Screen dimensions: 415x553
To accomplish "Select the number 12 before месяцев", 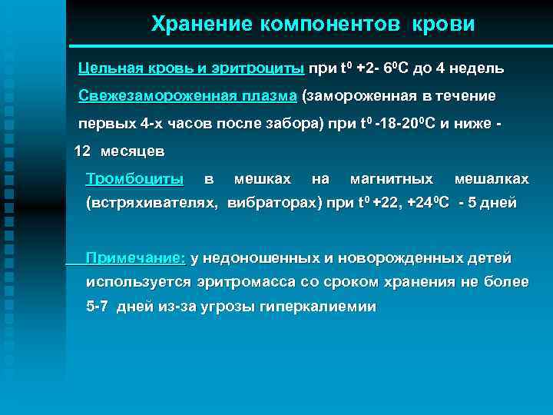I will [x=82, y=151].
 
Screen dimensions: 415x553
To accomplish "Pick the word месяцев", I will [x=132, y=151].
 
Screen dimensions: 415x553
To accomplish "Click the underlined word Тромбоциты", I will [x=134, y=179].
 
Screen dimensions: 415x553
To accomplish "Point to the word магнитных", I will [x=391, y=179].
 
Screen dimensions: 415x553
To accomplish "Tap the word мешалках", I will [x=492, y=179].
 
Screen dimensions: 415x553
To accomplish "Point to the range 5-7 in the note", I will [x=98, y=306].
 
